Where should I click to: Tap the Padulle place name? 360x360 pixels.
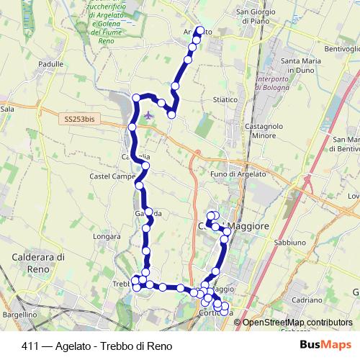pos(51,64)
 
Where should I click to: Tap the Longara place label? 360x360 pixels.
pos(107,235)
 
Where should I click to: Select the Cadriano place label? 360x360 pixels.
pos(307,299)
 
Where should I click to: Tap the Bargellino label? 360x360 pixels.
pos(19,315)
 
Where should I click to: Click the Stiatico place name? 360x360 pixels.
pos(225,99)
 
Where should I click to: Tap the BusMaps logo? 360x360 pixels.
pos(325,346)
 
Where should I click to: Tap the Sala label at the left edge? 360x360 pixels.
pos(7,109)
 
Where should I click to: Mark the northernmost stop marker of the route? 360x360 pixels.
pos(200,31)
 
